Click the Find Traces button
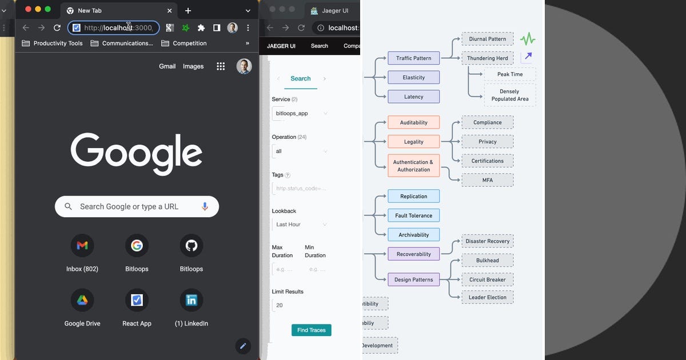(312, 330)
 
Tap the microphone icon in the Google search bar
(205, 206)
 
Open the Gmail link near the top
(167, 66)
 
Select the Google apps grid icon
(221, 66)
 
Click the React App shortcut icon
(137, 300)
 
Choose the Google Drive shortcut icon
(82, 300)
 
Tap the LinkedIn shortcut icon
(192, 300)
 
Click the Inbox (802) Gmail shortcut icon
(82, 246)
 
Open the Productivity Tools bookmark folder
(52, 43)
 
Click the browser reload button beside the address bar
(57, 27)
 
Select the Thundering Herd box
(487, 58)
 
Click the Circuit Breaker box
(487, 279)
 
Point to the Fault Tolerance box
(413, 215)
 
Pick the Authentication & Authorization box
(413, 166)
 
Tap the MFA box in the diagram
(487, 180)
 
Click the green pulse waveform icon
(528, 39)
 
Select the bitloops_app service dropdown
(301, 113)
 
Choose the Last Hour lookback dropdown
(301, 225)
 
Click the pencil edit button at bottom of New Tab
(243, 346)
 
